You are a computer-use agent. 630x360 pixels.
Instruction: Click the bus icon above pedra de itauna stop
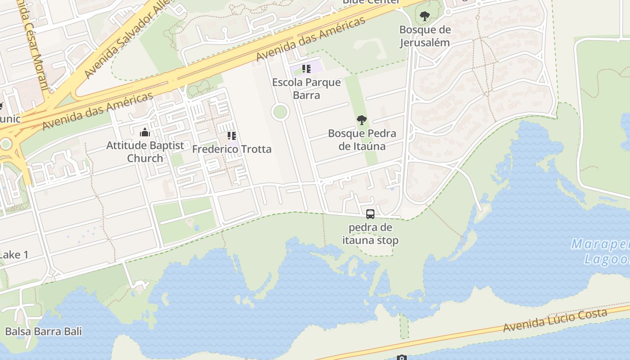pos(370,214)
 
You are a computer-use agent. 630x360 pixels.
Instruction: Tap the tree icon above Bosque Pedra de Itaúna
pos(361,120)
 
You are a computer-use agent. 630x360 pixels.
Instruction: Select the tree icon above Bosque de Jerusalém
pos(424,17)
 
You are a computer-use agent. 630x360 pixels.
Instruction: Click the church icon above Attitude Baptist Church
pos(145,132)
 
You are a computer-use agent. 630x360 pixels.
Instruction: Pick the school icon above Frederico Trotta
pos(232,136)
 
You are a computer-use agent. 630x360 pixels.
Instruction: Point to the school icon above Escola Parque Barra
pos(306,69)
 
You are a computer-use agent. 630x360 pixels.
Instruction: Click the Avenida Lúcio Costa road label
pos(555,320)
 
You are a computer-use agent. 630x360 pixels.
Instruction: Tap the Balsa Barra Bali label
pos(43,332)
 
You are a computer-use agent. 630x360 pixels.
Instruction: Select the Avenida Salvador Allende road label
pos(126,40)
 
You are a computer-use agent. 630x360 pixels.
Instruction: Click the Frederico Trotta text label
pos(232,149)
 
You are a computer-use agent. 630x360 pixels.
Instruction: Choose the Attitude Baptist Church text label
pos(145,152)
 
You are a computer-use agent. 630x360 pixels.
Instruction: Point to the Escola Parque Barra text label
pos(306,89)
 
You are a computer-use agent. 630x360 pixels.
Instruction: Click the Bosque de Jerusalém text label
pos(425,36)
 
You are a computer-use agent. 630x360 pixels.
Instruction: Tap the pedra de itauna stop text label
pos(370,234)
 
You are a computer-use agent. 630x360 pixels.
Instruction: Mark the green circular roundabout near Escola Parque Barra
pos(280,112)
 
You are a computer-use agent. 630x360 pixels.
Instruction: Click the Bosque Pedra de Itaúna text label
pos(362,139)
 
